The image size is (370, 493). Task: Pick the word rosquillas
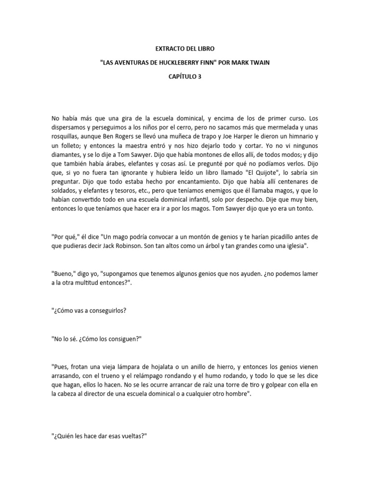[x=66, y=137]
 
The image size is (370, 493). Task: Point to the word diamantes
[x=66, y=156]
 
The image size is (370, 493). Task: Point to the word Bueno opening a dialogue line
[x=64, y=274]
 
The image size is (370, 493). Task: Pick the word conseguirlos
[x=106, y=311]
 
